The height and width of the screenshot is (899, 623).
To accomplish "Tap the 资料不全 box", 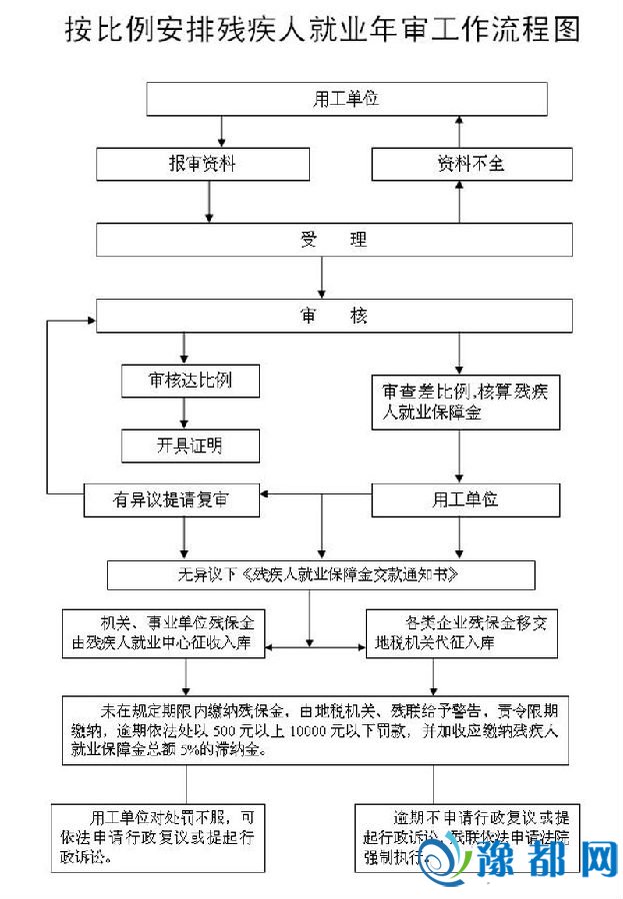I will click(x=471, y=164).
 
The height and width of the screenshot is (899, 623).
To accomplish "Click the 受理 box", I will click(x=334, y=240).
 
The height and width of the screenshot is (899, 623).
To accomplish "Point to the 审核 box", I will click(x=334, y=316).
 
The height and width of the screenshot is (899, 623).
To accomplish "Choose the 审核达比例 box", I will click(x=176, y=381).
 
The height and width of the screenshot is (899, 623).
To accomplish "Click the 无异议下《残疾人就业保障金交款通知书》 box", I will click(x=321, y=574).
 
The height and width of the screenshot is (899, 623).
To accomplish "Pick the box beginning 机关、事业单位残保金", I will click(x=165, y=633).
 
